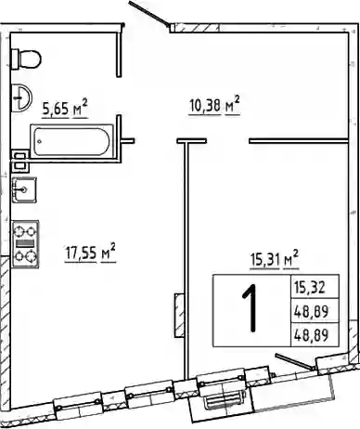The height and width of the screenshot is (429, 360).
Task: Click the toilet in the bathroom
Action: pos(26,58)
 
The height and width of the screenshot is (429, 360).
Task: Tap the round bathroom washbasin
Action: pos(21,98)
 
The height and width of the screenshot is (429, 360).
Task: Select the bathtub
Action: pos(71,142)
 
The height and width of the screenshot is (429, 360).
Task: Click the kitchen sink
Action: pos(24,189)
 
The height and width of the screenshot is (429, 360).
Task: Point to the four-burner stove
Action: pos(25,244)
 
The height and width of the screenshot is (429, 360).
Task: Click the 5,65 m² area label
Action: pos(65,109)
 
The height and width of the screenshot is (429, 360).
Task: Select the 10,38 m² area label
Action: pos(214,105)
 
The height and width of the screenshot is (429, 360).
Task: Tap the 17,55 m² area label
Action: pos(90,253)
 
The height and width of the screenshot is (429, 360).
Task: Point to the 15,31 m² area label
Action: pos(275,259)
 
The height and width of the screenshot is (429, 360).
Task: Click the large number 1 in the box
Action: pos(251,308)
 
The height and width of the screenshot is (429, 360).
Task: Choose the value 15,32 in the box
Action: pos(310,288)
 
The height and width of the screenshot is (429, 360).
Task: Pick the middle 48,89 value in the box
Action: pos(311,311)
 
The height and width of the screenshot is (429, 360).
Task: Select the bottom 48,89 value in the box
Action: pos(311,335)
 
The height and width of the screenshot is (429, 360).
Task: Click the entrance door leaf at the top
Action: pos(149,13)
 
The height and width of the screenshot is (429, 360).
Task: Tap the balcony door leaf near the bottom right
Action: pos(295,362)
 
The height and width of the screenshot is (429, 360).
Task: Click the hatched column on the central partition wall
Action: pos(179,316)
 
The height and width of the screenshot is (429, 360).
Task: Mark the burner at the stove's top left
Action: pos(19,231)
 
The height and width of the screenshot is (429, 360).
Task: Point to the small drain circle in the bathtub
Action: pos(39,142)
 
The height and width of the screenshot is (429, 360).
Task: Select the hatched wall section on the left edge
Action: pos(5,334)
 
